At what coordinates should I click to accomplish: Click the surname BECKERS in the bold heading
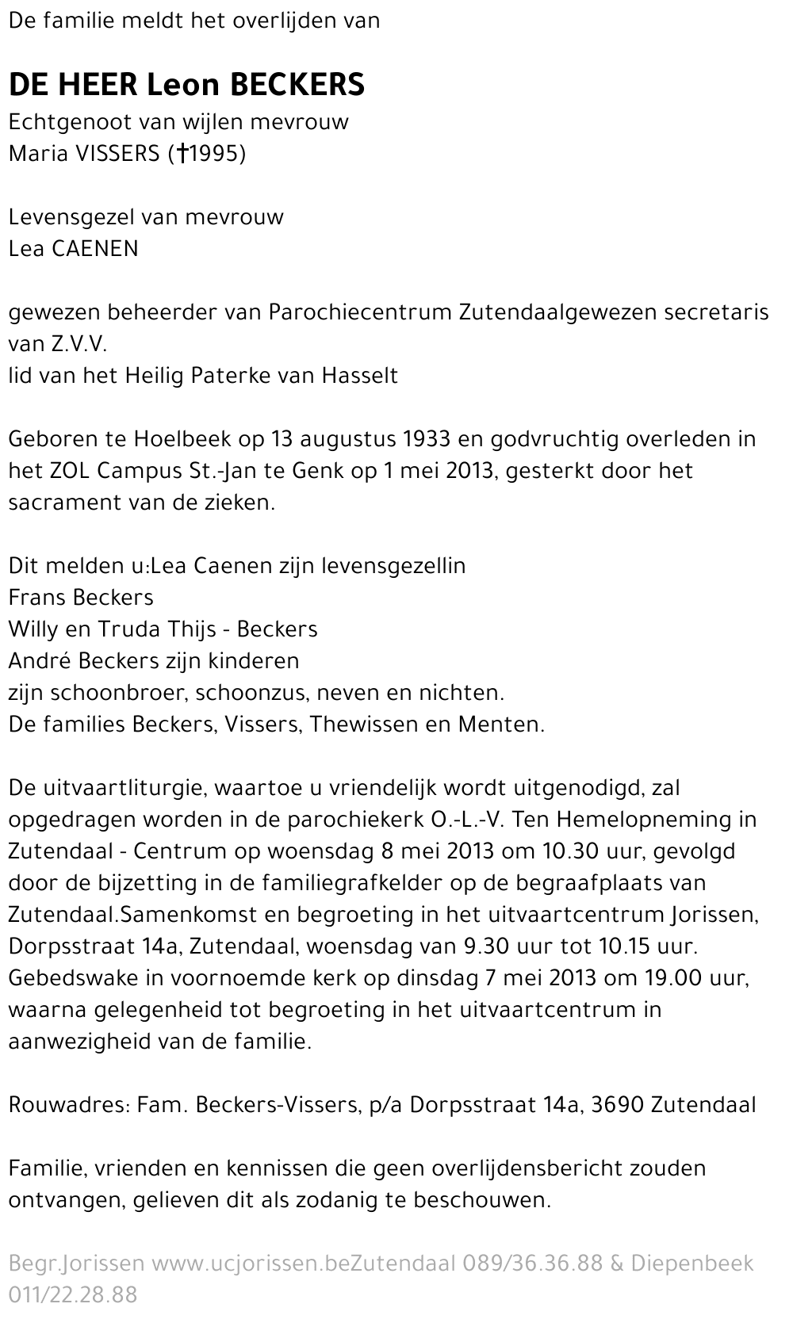297,84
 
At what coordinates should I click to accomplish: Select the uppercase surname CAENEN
95,248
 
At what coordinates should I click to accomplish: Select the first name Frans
36,597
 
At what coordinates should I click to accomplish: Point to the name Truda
127,629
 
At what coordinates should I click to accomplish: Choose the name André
39,660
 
